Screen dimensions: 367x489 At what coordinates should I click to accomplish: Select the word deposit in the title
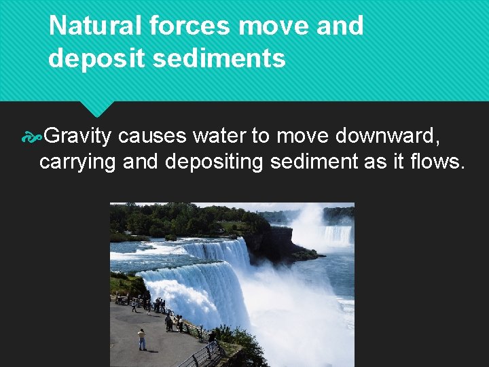[96, 58]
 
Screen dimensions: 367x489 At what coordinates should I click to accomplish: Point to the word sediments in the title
[219, 58]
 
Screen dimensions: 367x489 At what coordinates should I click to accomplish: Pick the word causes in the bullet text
[152, 137]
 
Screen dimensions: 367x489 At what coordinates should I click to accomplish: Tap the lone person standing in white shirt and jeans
[141, 338]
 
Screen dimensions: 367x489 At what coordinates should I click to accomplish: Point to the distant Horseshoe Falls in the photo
[336, 234]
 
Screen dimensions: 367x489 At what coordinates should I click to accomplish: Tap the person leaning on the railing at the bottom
[211, 344]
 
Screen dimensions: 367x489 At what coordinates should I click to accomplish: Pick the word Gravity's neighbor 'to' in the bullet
[260, 137]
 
